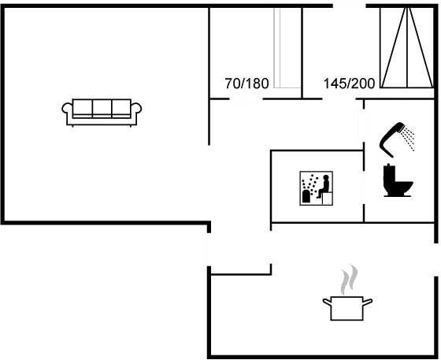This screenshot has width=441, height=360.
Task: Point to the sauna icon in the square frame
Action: point(316,188)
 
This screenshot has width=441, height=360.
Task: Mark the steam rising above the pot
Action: point(349,279)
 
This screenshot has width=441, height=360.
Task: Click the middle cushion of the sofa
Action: point(102,108)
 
